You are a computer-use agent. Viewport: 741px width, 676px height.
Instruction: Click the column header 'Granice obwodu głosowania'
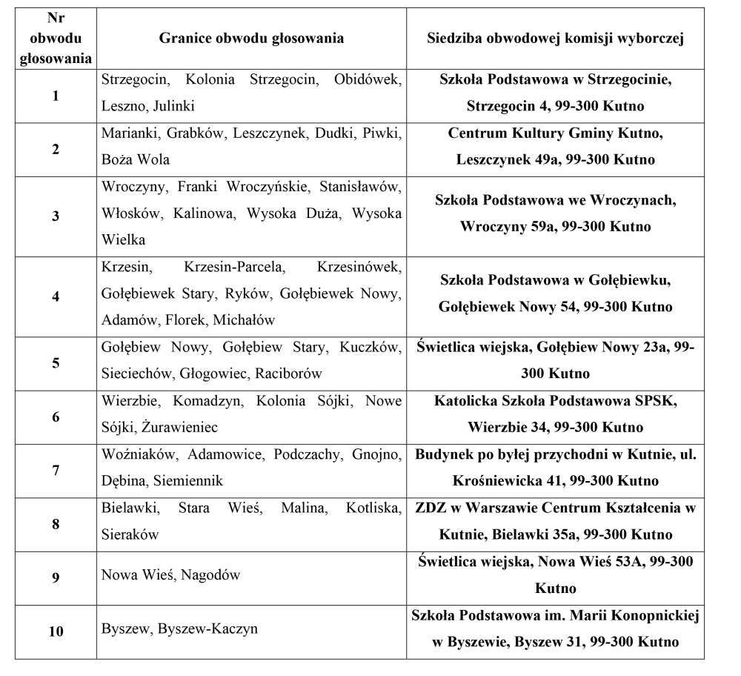pos(251,39)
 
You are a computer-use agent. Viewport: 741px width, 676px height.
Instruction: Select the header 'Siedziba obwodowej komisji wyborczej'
pos(555,39)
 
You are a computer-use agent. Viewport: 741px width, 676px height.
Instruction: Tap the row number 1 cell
pos(56,96)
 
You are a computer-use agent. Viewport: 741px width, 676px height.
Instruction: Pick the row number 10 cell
pos(56,632)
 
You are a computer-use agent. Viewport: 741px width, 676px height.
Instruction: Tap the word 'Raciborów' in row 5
pos(288,374)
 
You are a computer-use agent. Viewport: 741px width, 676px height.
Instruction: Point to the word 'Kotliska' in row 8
pos(373,508)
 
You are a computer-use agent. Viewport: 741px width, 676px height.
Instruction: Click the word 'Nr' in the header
pos(56,18)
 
